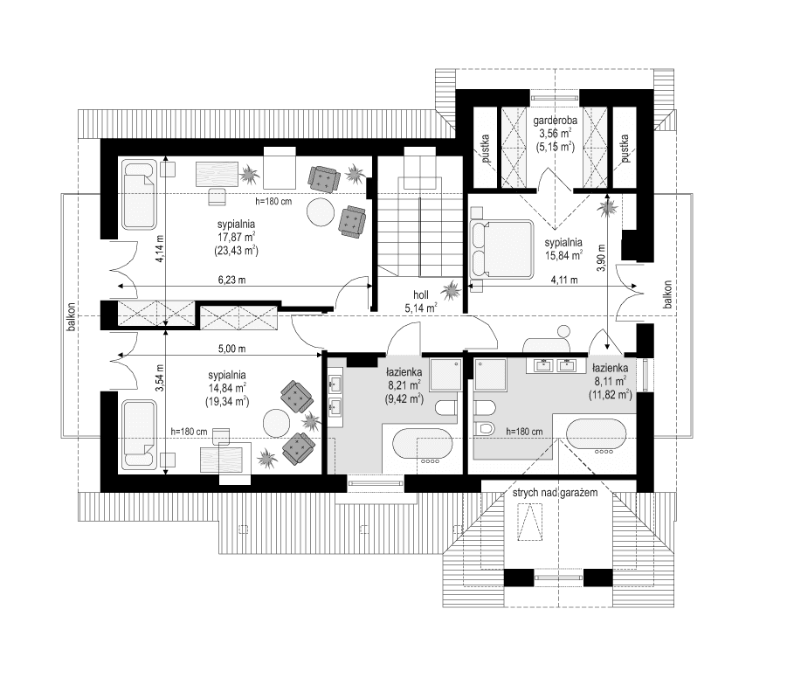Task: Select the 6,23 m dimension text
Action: pyautogui.click(x=230, y=280)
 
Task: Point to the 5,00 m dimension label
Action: pyautogui.click(x=231, y=349)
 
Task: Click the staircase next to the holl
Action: pyautogui.click(x=420, y=223)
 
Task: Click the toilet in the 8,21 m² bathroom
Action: pyautogui.click(x=445, y=406)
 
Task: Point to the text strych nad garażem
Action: pyautogui.click(x=556, y=495)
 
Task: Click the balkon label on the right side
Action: pyautogui.click(x=667, y=294)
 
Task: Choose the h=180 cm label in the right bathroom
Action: pyautogui.click(x=524, y=432)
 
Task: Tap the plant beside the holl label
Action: pyautogui.click(x=452, y=290)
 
